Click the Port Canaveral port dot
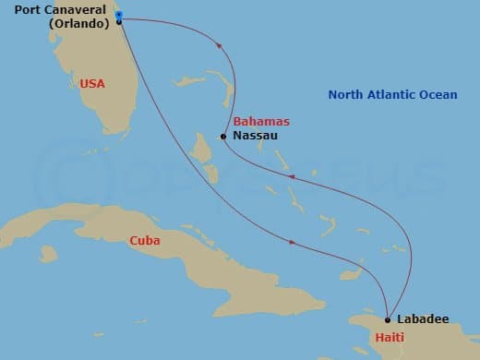(x=119, y=21)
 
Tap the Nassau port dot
(x=222, y=137)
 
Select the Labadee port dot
(x=388, y=319)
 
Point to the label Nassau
(x=254, y=137)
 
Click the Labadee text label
(x=424, y=319)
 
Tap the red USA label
(x=92, y=83)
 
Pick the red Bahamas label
(x=261, y=121)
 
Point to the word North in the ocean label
(x=347, y=93)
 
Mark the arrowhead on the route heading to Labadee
(x=293, y=243)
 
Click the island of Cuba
(x=185, y=263)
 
